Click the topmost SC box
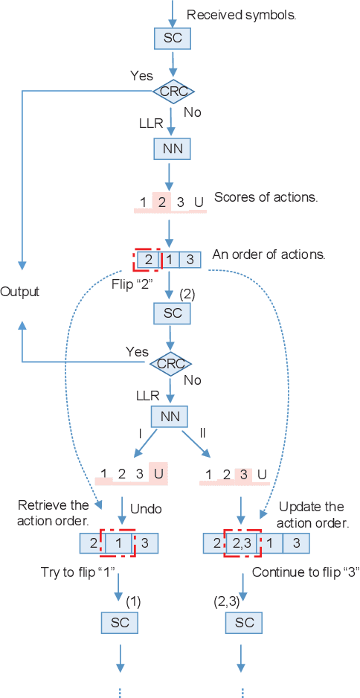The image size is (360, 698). click(x=173, y=38)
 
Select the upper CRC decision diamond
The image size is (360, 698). click(x=173, y=92)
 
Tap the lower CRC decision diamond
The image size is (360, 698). click(x=171, y=364)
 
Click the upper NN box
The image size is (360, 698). click(x=173, y=149)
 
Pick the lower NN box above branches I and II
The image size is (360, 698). click(x=170, y=416)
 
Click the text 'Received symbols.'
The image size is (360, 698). click(x=242, y=14)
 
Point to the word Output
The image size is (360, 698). click(x=20, y=291)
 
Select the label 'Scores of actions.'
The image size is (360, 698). click(x=266, y=197)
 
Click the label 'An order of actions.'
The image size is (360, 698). click(x=269, y=254)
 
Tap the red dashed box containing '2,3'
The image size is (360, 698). click(x=242, y=543)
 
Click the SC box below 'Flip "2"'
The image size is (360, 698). click(x=173, y=313)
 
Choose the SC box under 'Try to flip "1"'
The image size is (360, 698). click(x=119, y=622)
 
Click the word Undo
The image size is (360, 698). click(x=146, y=509)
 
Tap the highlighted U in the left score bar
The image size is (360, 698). click(x=158, y=473)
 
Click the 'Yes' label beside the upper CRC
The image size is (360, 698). click(x=141, y=76)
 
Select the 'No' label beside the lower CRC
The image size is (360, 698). click(x=193, y=380)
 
